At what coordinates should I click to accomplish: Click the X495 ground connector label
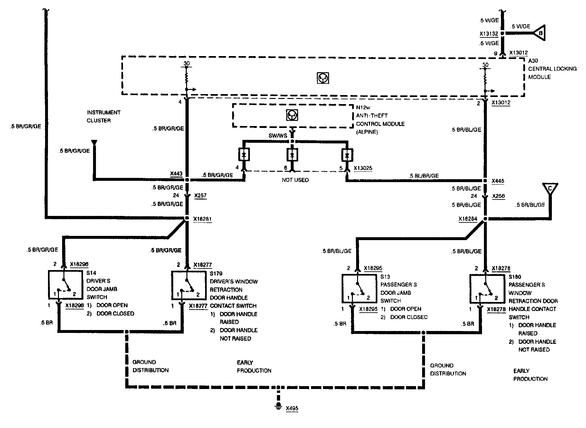tap(292, 408)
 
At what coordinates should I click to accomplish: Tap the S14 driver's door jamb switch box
tap(66, 285)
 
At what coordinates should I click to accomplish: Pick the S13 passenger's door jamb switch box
tap(359, 289)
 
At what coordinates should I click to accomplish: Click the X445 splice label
tap(498, 181)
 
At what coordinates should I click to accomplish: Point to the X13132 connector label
tap(489, 34)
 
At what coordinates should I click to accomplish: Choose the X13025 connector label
tap(363, 168)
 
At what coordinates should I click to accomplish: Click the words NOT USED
tap(295, 180)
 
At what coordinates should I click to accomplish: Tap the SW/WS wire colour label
tap(278, 136)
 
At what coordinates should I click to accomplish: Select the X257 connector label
tap(200, 196)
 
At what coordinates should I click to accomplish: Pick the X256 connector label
tap(499, 196)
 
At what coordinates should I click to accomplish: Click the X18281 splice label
tap(203, 219)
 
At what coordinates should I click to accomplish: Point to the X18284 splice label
tap(468, 219)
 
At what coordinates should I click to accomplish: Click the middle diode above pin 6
tap(292, 155)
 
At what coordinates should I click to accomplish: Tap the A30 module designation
tap(533, 61)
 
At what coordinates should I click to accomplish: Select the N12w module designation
tap(363, 107)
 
